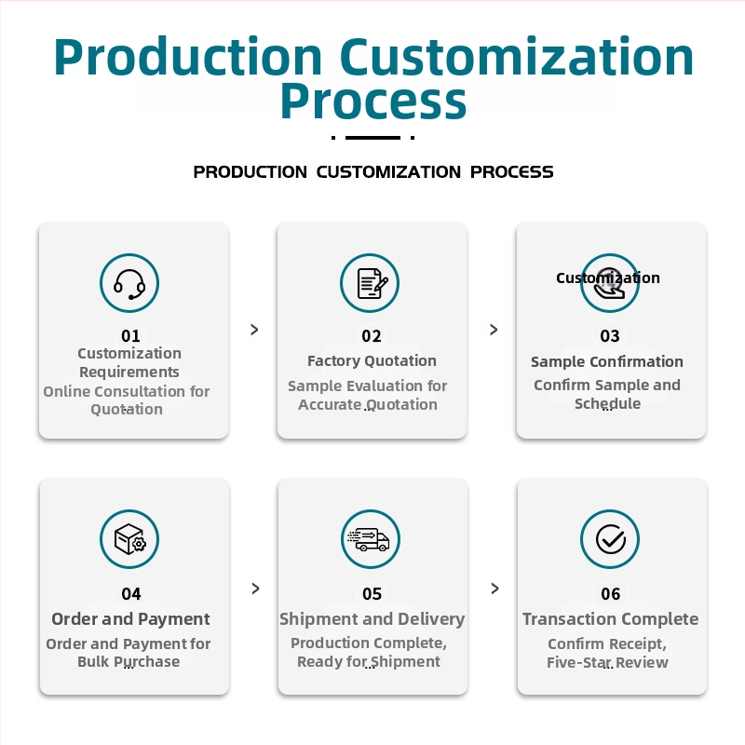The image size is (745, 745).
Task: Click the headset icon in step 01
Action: pos(129,284)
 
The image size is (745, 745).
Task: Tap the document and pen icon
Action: pos(372,283)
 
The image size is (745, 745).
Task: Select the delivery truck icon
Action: pos(369,539)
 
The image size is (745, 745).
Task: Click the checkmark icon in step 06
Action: pos(611,539)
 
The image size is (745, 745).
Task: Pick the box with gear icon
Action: pos(129,539)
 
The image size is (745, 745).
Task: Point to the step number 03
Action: pos(610,336)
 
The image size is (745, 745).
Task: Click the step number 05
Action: pos(372,594)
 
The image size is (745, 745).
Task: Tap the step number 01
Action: pos(130,336)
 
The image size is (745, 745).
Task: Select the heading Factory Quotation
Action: pos(372,361)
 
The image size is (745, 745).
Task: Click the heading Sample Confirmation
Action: pos(607,361)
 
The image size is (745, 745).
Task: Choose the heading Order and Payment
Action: pos(130,619)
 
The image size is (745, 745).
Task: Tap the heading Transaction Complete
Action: pos(611,619)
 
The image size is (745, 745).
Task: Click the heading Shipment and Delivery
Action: pos(372,619)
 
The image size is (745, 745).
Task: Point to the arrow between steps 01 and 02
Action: pos(254,330)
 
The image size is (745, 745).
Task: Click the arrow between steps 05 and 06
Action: pos(495,589)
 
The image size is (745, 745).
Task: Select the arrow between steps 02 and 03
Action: pos(494,330)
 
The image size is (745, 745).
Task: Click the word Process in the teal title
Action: pos(373,102)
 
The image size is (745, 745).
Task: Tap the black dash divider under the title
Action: pos(373,138)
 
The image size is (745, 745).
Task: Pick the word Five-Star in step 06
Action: pos(575,662)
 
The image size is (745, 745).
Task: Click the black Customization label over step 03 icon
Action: pos(608,278)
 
